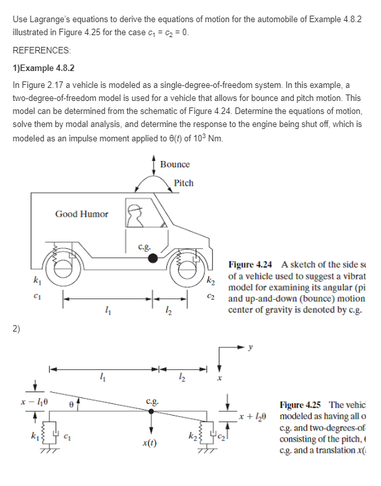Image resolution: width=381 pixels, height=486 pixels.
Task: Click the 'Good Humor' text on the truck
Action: (x=82, y=214)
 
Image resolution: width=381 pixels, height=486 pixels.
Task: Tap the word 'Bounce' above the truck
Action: (x=175, y=165)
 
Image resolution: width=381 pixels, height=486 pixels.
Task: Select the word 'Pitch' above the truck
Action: (x=183, y=183)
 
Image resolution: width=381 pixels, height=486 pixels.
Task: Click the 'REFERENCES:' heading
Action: (x=40, y=50)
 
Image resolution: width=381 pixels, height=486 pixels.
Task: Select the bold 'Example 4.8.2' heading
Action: (x=46, y=68)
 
